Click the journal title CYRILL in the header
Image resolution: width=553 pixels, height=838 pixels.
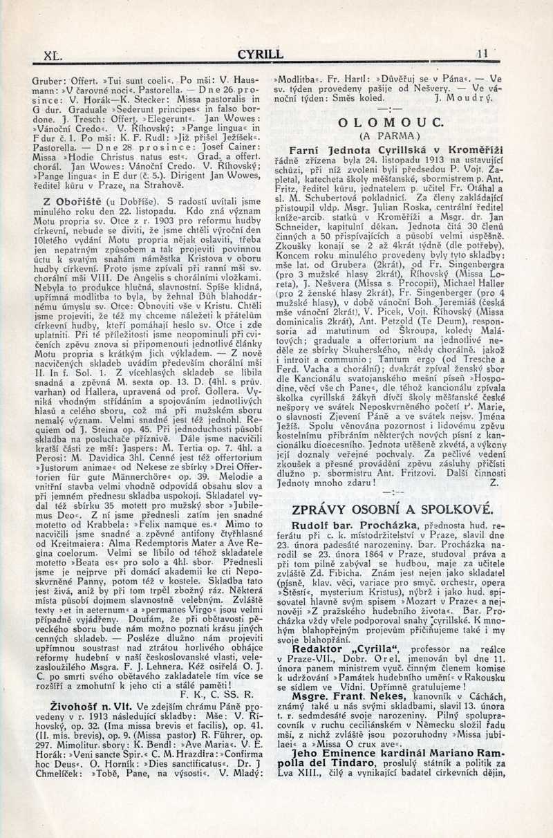click(260, 53)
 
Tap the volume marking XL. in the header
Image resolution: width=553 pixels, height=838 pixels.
click(53, 53)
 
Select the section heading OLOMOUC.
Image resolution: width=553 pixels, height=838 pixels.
click(391, 122)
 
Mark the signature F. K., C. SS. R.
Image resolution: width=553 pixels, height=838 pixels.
click(217, 695)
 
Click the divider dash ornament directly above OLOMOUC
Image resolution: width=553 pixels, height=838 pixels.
click(391, 110)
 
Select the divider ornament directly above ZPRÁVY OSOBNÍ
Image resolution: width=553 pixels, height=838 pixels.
click(395, 492)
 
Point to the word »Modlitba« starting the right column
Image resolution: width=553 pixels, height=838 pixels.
click(300, 80)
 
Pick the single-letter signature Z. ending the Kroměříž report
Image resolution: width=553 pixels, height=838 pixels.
click(494, 483)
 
